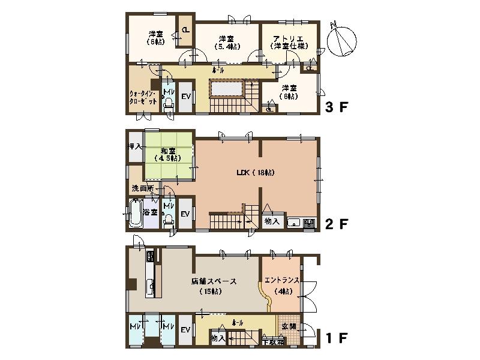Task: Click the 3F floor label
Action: pyautogui.click(x=337, y=108)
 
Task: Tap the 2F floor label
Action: pyautogui.click(x=337, y=224)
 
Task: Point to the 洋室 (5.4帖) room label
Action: pyautogui.click(x=226, y=42)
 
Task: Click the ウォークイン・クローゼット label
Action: pyautogui.click(x=143, y=98)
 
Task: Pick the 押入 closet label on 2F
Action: pyautogui.click(x=134, y=146)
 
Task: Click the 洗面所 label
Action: pyautogui.click(x=142, y=188)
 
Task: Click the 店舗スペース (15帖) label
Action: pyautogui.click(x=214, y=286)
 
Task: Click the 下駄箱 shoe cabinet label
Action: pyautogui.click(x=274, y=342)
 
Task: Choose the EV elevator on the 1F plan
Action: pyautogui.click(x=185, y=331)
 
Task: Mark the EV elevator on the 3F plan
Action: pyautogui.click(x=185, y=97)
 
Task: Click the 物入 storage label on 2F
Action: pyautogui.click(x=272, y=221)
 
